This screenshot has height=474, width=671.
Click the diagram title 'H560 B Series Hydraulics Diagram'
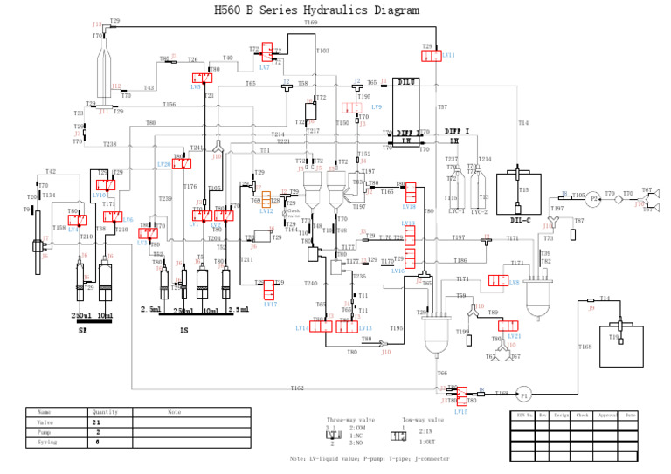[316, 10]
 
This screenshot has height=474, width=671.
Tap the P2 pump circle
[593, 198]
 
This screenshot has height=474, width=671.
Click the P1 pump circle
[525, 393]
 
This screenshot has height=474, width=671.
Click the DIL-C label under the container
[521, 220]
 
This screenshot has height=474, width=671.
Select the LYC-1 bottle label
[455, 211]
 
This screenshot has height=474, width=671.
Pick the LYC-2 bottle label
[480, 211]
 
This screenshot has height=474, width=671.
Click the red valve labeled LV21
[508, 326]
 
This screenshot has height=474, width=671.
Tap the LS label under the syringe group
[184, 331]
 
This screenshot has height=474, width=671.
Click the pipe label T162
[297, 388]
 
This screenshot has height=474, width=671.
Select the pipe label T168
[585, 347]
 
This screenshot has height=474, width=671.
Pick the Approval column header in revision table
[606, 415]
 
